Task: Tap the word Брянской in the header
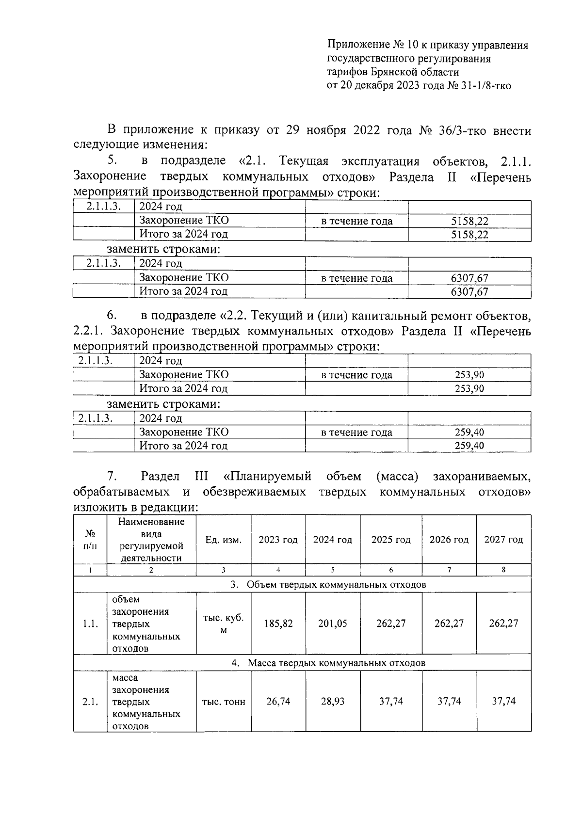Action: tap(393, 72)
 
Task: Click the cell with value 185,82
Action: tap(278, 623)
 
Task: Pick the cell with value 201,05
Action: tap(333, 623)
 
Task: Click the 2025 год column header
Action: tap(391, 540)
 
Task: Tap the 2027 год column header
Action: tap(503, 540)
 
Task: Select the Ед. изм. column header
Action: tap(224, 540)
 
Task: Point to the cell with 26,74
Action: tap(278, 701)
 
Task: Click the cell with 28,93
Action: tap(333, 701)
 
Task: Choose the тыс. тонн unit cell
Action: tap(224, 702)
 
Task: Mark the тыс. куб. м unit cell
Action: tap(224, 624)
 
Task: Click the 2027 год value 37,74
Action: tap(503, 701)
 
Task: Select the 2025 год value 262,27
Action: tap(391, 623)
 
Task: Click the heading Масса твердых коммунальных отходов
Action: tap(337, 662)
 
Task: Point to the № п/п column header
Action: tap(90, 540)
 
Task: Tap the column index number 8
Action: tap(503, 570)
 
